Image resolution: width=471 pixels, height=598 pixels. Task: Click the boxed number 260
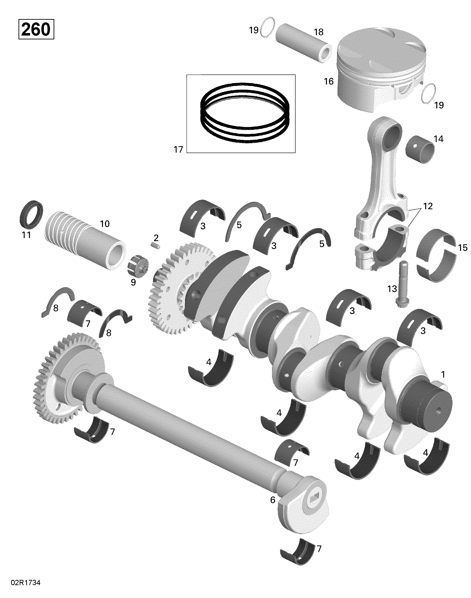click(x=36, y=29)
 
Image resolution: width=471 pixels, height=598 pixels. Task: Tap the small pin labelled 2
click(x=156, y=245)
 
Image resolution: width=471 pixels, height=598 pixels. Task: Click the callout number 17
click(x=178, y=150)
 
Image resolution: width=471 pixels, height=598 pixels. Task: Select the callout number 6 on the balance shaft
click(x=272, y=500)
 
